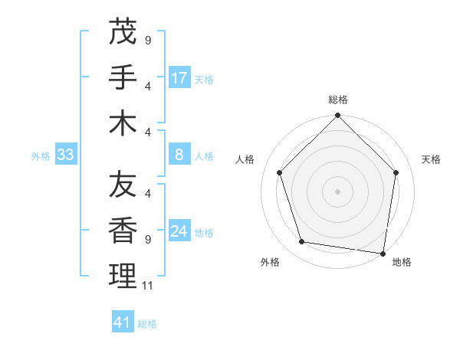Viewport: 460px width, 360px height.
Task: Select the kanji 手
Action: [123, 77]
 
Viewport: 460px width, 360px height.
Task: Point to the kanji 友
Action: [123, 184]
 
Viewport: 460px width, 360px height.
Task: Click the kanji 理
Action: [123, 276]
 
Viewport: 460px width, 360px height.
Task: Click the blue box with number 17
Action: [179, 78]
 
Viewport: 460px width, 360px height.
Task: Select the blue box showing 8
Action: [179, 155]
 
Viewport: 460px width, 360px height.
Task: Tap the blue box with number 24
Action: [179, 232]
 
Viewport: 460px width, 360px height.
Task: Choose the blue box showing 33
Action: [66, 155]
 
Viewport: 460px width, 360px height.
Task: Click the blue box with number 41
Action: [123, 322]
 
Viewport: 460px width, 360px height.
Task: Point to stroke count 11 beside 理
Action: [148, 286]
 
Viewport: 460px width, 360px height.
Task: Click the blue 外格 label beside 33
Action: [41, 156]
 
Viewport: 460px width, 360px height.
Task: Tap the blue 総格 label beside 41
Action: [147, 324]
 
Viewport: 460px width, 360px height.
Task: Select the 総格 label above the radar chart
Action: [338, 100]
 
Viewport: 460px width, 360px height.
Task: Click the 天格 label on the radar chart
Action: [432, 159]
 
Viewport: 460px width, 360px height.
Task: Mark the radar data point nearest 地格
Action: [383, 253]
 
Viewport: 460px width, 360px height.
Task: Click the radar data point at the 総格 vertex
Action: [338, 116]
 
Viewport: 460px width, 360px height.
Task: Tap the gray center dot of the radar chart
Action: [338, 191]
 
